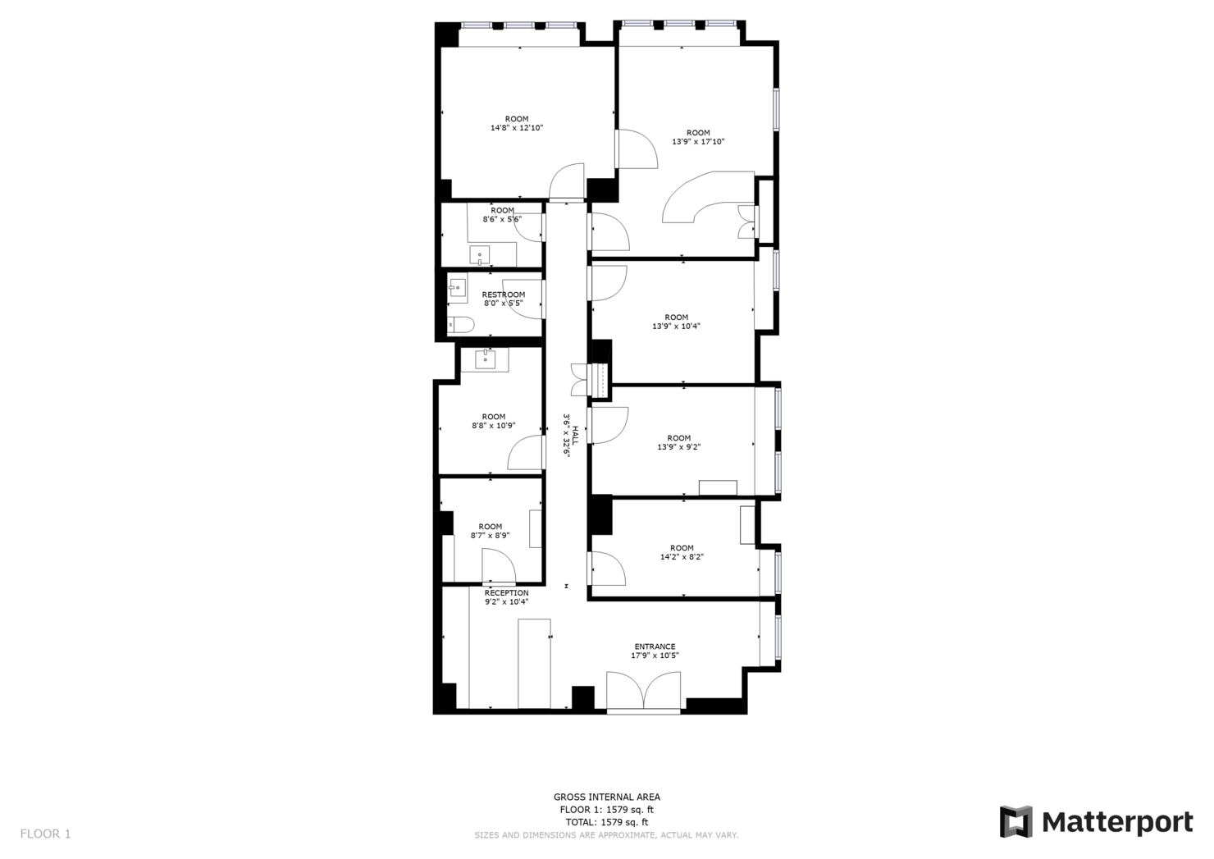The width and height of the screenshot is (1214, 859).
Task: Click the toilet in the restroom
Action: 459,325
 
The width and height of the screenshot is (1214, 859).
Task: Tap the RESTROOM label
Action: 503,295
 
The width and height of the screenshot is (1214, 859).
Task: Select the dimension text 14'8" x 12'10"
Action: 517,128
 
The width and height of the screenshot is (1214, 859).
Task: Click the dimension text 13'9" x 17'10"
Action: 698,142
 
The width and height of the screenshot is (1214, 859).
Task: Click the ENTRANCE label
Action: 655,647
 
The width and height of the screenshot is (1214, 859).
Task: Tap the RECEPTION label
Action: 506,592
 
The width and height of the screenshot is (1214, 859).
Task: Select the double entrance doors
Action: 644,691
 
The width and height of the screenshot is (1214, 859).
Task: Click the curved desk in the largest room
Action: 697,197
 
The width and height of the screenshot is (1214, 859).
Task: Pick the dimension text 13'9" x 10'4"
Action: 676,327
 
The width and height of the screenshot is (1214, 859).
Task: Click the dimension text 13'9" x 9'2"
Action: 678,447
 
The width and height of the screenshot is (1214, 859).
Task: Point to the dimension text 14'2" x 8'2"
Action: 682,557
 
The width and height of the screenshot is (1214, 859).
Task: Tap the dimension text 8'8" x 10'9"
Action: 493,426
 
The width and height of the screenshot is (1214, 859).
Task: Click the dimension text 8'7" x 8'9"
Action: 490,536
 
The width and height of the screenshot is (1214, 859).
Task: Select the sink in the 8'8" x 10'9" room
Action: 486,359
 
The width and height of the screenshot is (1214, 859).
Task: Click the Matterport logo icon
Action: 1015,821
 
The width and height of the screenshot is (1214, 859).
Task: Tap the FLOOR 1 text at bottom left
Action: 46,834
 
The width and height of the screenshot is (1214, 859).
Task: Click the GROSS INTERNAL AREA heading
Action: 606,797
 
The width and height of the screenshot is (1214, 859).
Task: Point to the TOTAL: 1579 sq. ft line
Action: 606,822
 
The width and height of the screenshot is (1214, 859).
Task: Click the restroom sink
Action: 457,288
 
